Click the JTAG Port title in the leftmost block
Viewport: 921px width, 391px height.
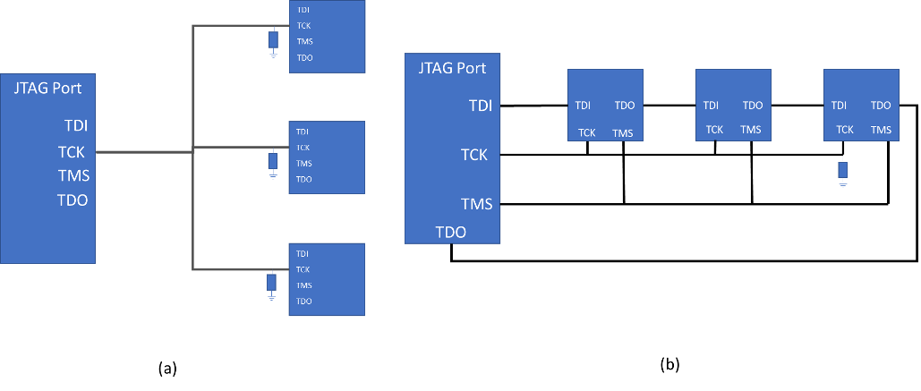(47, 88)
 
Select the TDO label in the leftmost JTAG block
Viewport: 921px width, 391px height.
(72, 200)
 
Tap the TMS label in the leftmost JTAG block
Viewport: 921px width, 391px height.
(73, 176)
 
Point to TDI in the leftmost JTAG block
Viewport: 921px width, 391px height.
(75, 125)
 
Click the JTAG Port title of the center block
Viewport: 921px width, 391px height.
(452, 68)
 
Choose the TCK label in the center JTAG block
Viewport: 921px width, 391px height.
(474, 155)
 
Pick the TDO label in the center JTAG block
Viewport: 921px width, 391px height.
(450, 233)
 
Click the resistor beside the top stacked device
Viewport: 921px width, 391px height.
(273, 40)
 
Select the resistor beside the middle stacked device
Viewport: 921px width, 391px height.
(272, 161)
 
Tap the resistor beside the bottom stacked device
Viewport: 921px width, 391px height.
(271, 282)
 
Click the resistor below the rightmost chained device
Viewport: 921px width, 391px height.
(842, 169)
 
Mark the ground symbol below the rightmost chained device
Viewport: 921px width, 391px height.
(842, 184)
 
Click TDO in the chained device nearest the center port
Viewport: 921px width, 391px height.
(625, 106)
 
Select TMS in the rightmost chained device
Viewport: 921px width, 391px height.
(881, 131)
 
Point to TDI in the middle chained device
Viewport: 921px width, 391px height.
(711, 106)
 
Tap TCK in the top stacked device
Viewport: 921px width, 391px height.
(303, 26)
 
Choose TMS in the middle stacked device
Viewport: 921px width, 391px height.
(304, 163)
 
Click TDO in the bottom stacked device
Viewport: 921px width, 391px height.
(304, 302)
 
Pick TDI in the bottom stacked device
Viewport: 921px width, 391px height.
(303, 253)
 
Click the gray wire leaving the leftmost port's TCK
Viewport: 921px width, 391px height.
(143, 152)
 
